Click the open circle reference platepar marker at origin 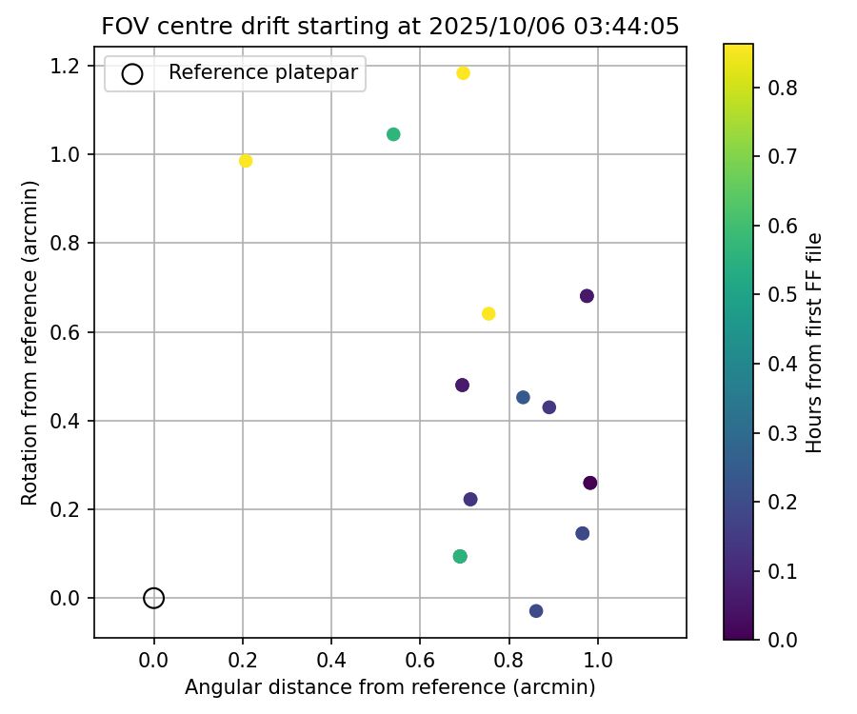click(x=154, y=598)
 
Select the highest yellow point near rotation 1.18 click(x=464, y=73)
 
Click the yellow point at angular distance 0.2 click(x=246, y=161)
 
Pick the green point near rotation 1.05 click(x=393, y=134)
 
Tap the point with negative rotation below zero click(x=536, y=611)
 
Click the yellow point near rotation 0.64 click(x=488, y=314)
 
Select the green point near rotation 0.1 click(x=460, y=556)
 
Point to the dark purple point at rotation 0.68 click(x=587, y=296)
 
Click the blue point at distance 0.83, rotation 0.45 click(x=523, y=397)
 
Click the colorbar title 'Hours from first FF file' click(x=814, y=343)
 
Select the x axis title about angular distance click(x=390, y=687)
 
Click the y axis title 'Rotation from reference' click(x=30, y=344)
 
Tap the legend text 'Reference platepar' click(x=263, y=72)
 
